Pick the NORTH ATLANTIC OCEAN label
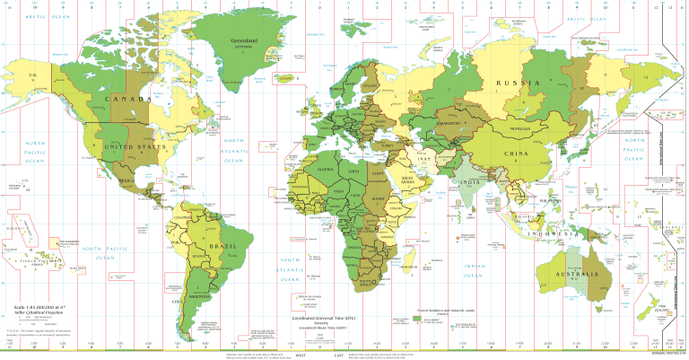coord(234,154)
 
